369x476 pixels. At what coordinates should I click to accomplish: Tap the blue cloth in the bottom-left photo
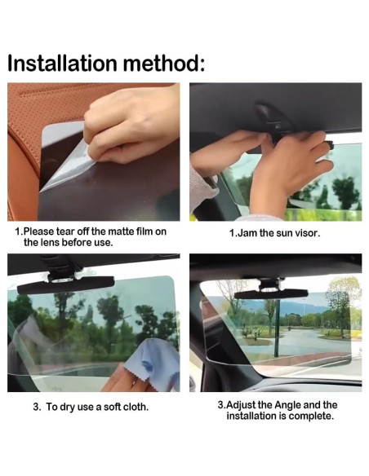(152, 368)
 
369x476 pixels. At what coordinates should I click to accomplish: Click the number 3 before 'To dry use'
(35, 405)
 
